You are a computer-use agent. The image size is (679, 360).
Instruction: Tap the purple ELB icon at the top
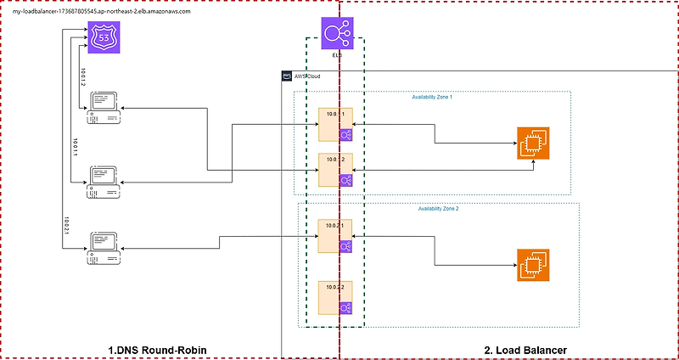tap(337, 34)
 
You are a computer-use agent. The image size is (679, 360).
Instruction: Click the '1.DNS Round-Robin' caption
tap(157, 350)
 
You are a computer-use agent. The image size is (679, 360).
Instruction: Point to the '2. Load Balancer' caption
tap(525, 350)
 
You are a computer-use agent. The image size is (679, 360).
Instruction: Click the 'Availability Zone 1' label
tap(432, 98)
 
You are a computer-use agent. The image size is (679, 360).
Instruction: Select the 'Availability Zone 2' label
tap(438, 209)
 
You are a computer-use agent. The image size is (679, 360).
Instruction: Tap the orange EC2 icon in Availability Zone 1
tap(531, 143)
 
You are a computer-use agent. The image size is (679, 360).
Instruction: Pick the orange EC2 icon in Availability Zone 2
tap(531, 264)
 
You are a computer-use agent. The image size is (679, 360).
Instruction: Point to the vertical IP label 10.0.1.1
tap(76, 149)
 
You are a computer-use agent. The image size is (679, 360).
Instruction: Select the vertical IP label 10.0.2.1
tap(66, 226)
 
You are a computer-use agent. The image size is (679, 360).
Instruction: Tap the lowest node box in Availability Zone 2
tap(333, 297)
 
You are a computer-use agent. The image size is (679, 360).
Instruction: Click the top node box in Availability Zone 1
tap(333, 125)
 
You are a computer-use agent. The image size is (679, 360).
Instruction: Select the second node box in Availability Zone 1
tap(333, 170)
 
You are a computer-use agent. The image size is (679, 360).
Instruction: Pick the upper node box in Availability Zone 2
tap(333, 236)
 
